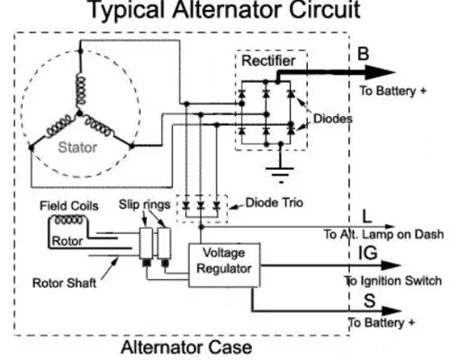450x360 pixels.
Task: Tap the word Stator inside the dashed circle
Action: pyautogui.click(x=77, y=148)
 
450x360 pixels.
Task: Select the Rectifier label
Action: pyautogui.click(x=268, y=61)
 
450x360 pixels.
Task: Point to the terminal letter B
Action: pyautogui.click(x=363, y=54)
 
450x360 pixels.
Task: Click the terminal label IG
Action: pyautogui.click(x=368, y=253)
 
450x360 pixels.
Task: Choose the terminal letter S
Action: pyautogui.click(x=370, y=301)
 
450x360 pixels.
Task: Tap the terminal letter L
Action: pyautogui.click(x=367, y=216)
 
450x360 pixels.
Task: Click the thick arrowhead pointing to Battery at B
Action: pyautogui.click(x=380, y=72)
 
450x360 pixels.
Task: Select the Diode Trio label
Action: pyautogui.click(x=274, y=202)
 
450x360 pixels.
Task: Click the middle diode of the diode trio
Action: pyautogui.click(x=201, y=205)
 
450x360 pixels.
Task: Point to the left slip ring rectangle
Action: pyautogui.click(x=146, y=243)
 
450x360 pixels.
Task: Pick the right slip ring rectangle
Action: pyautogui.click(x=165, y=243)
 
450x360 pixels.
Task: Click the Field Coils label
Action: pyautogui.click(x=69, y=206)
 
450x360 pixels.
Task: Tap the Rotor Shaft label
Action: pyautogui.click(x=64, y=283)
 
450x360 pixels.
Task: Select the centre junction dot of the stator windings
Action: pyautogui.click(x=79, y=113)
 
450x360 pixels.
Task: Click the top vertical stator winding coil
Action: pyautogui.click(x=81, y=90)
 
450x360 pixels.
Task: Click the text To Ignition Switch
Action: pyautogui.click(x=393, y=281)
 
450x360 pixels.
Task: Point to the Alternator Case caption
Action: pyautogui.click(x=186, y=347)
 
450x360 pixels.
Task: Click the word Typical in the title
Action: pyautogui.click(x=127, y=10)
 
